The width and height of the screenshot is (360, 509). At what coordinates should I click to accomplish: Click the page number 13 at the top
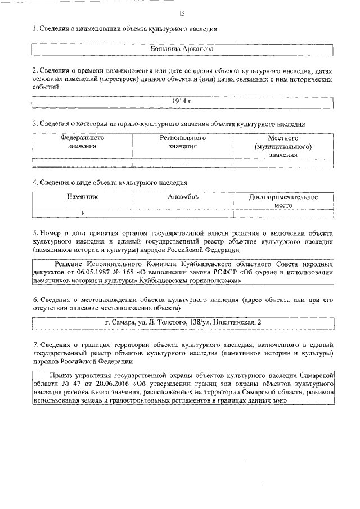coord(182,13)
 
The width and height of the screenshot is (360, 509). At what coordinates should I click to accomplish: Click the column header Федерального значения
coord(82,142)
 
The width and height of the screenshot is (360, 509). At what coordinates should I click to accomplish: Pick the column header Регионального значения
coord(183,142)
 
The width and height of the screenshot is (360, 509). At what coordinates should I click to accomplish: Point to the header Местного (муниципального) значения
coord(283,146)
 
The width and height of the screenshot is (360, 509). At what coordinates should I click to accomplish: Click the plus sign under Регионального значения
coord(183,163)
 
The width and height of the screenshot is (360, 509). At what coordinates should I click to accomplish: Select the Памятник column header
coord(82,197)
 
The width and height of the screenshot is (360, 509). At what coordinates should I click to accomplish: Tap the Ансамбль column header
coord(183,197)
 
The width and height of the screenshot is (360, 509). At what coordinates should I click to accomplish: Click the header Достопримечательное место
coord(283,201)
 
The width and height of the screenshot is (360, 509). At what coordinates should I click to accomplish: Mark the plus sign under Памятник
coord(82,213)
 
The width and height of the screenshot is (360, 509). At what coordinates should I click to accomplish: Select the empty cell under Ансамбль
coord(183,213)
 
